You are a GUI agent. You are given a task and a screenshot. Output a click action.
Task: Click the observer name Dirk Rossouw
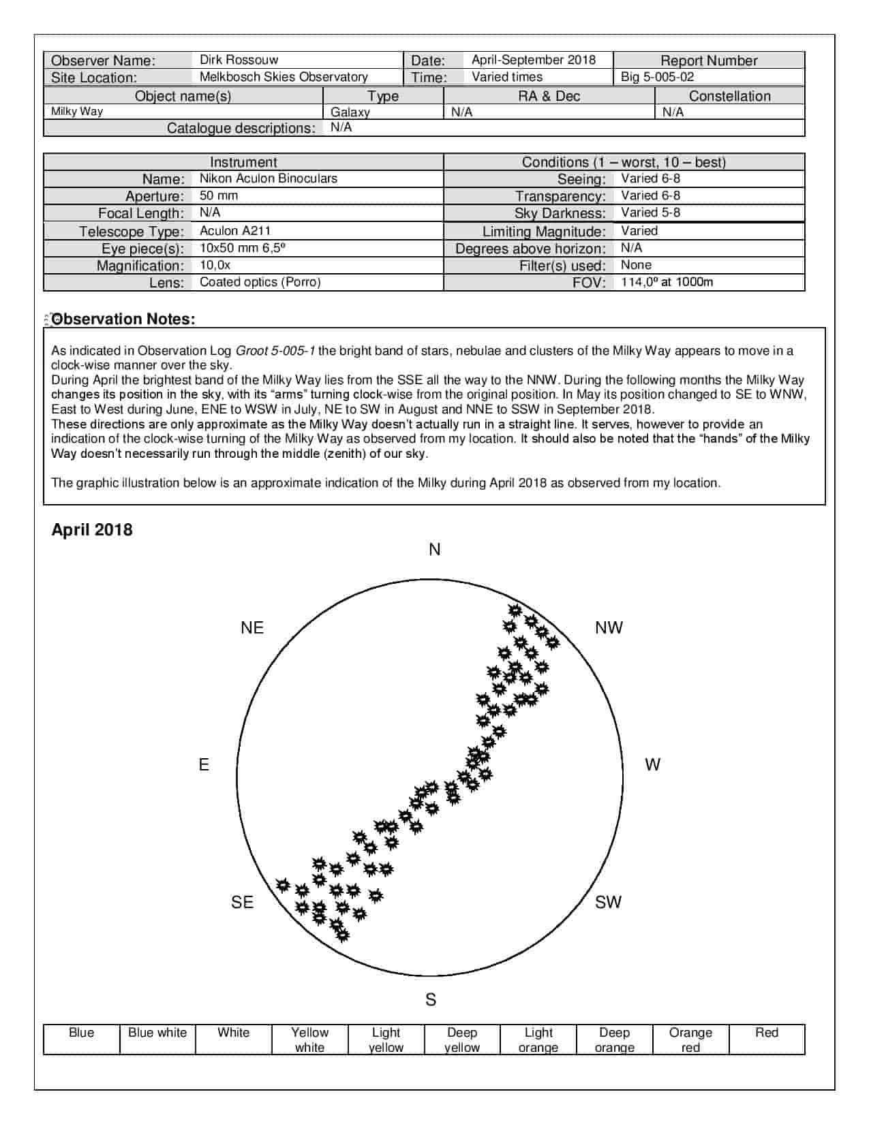tap(239, 60)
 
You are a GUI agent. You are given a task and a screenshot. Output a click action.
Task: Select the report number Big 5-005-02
tap(657, 77)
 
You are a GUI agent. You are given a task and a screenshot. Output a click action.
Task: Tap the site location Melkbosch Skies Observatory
tap(284, 77)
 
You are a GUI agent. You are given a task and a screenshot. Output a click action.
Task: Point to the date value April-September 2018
tap(533, 60)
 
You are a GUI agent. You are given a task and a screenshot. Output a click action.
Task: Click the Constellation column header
tap(729, 96)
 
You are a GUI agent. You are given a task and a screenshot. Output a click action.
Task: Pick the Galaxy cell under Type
tap(350, 112)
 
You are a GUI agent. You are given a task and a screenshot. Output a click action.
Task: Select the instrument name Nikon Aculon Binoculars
tap(268, 178)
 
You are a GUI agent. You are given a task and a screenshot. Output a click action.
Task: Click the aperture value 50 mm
tap(219, 196)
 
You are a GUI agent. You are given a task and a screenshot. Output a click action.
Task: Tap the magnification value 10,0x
tap(215, 265)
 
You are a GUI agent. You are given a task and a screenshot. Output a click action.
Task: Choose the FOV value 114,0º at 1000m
tap(667, 282)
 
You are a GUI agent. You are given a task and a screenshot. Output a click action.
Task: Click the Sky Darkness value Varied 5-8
tap(650, 213)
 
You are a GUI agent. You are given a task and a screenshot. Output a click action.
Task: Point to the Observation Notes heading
tap(123, 319)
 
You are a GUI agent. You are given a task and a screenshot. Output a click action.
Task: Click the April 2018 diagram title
tap(92, 530)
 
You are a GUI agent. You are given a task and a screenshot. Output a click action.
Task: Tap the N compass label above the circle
tap(435, 550)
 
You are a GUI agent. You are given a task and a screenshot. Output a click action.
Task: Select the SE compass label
tap(242, 902)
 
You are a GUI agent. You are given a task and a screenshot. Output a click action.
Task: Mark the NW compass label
tap(609, 627)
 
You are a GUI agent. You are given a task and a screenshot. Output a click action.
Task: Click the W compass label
tap(652, 765)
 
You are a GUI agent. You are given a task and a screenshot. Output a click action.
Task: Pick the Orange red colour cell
tap(690, 1040)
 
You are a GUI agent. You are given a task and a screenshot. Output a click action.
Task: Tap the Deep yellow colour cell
tap(462, 1040)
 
